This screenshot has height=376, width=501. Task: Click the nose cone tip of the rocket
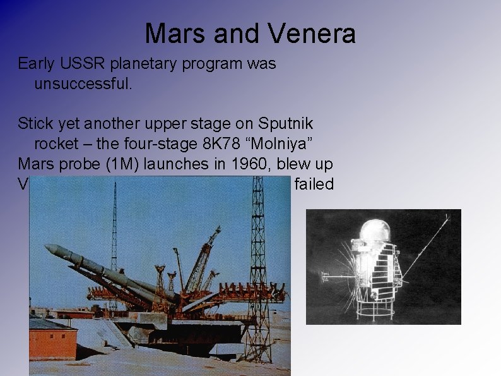tap(47, 248)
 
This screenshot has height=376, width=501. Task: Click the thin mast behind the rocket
tap(114, 227)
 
